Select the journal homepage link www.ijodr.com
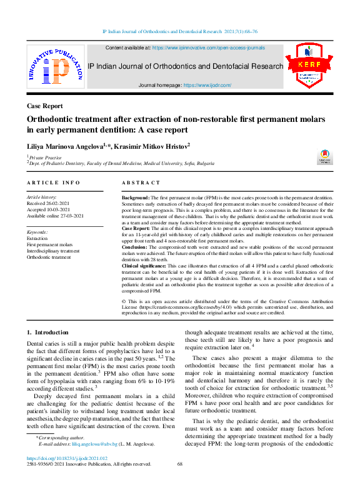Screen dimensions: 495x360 click(x=207, y=85)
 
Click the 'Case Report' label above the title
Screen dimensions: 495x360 click(x=44, y=106)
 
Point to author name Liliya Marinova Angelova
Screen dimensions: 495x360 click(x=66, y=145)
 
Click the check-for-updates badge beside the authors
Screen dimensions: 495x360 click(x=325, y=157)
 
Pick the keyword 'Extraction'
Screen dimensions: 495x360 click(x=37, y=238)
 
